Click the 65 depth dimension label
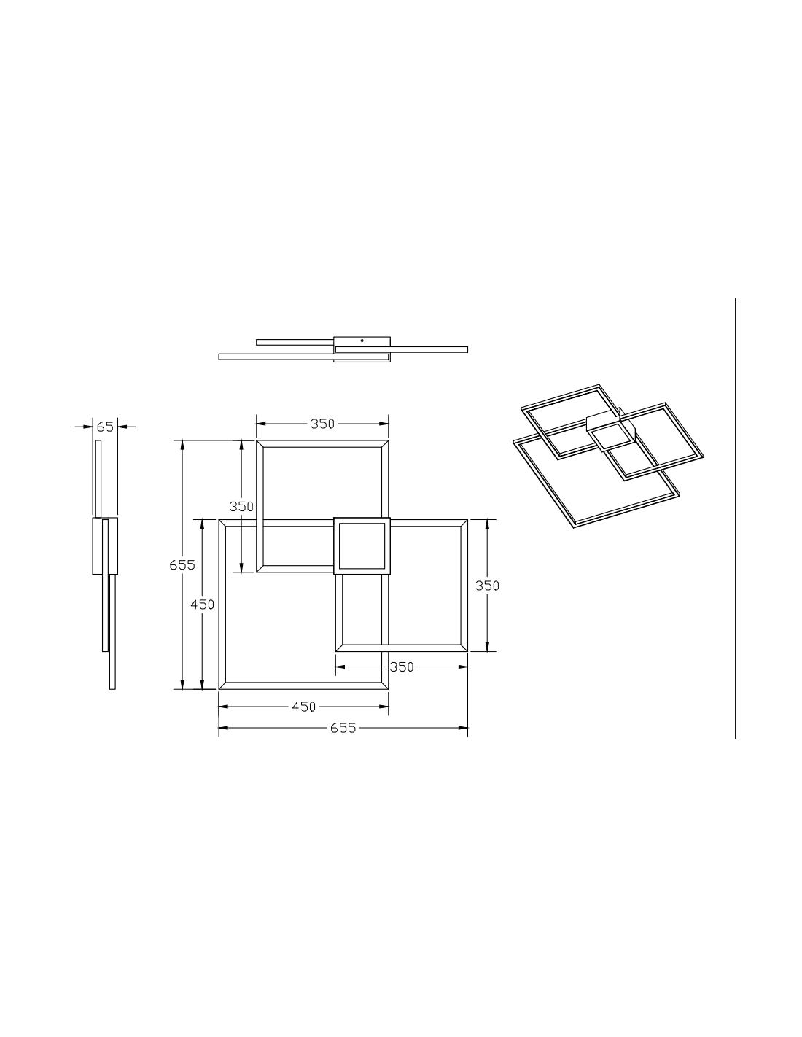105,427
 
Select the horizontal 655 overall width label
343,728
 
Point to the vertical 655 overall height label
182,565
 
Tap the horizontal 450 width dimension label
304,707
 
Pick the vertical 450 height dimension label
202,605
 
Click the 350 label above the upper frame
322,424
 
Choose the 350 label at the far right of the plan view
487,586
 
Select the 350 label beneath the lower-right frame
402,667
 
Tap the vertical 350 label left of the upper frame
241,506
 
